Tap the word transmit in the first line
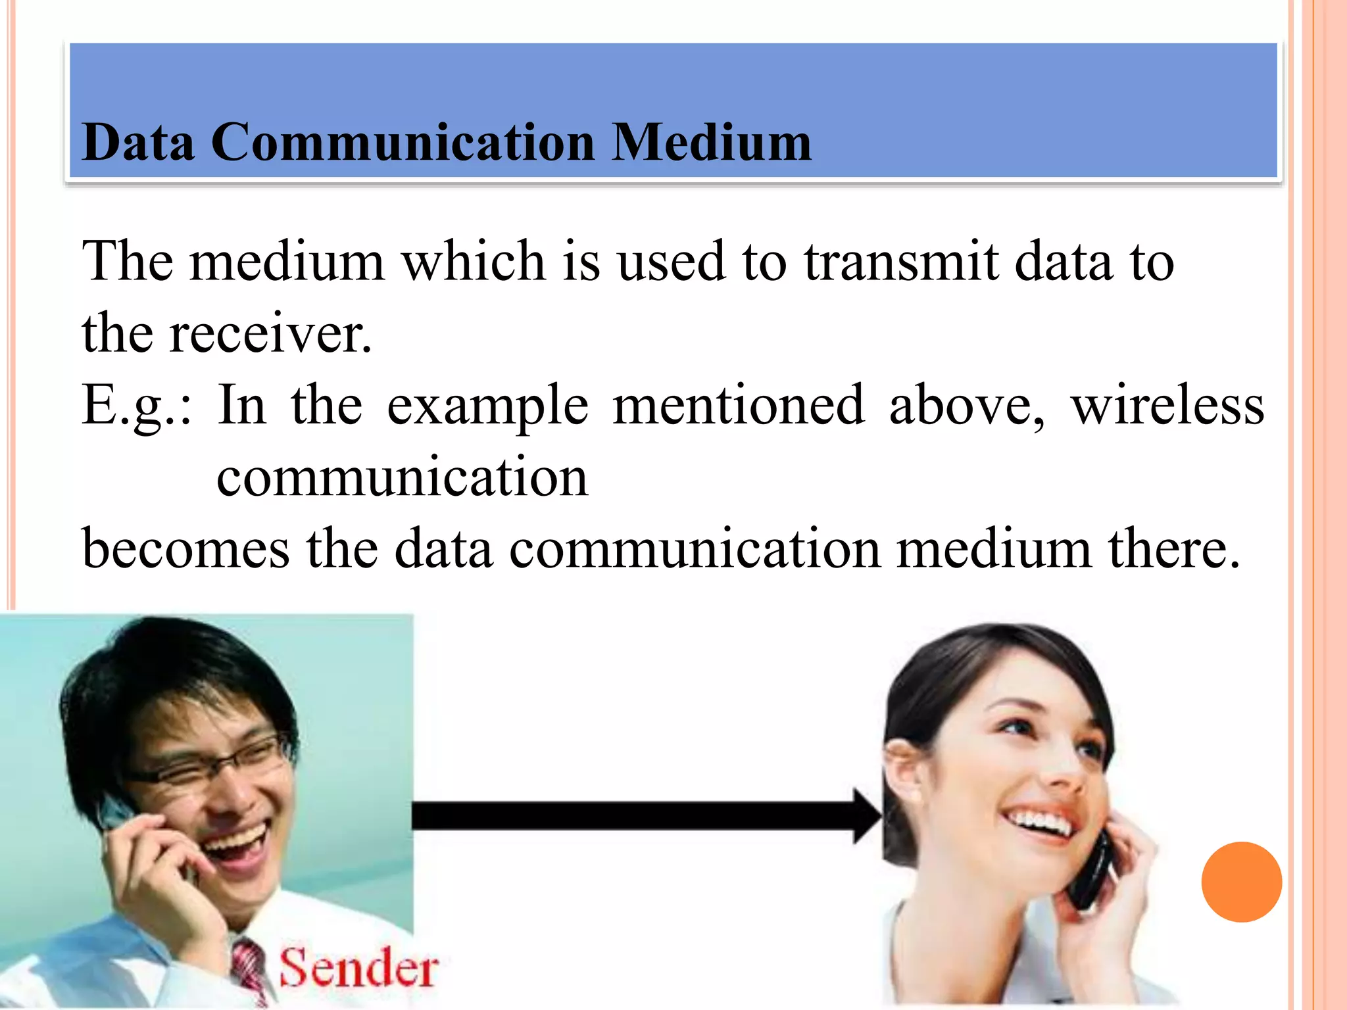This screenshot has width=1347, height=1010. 901,262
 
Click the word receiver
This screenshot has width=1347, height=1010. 270,334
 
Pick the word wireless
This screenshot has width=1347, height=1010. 1167,406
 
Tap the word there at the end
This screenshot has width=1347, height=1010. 1174,550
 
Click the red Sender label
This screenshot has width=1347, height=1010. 359,968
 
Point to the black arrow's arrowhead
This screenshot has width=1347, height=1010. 866,816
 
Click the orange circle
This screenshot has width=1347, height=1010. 1241,882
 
